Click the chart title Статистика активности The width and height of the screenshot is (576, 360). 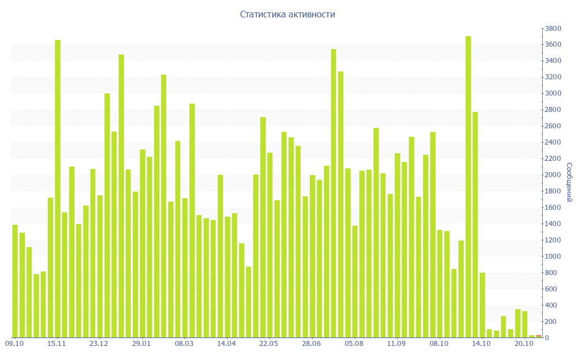(x=287, y=15)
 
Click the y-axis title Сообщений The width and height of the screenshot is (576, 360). (x=569, y=182)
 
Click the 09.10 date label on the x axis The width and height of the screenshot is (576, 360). (x=15, y=344)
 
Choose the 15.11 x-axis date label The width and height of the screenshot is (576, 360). (x=57, y=344)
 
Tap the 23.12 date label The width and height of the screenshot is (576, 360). (x=100, y=344)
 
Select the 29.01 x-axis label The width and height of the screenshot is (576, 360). (x=142, y=344)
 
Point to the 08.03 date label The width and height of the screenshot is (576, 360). (x=184, y=344)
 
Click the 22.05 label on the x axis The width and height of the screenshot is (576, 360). (x=269, y=344)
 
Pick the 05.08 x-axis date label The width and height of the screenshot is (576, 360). (x=354, y=344)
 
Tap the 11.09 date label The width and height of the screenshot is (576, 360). (x=397, y=344)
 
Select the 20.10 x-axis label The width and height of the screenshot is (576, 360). (x=524, y=344)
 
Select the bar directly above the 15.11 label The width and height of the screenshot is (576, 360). (x=57, y=189)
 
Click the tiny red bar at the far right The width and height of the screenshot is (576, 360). (x=539, y=336)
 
